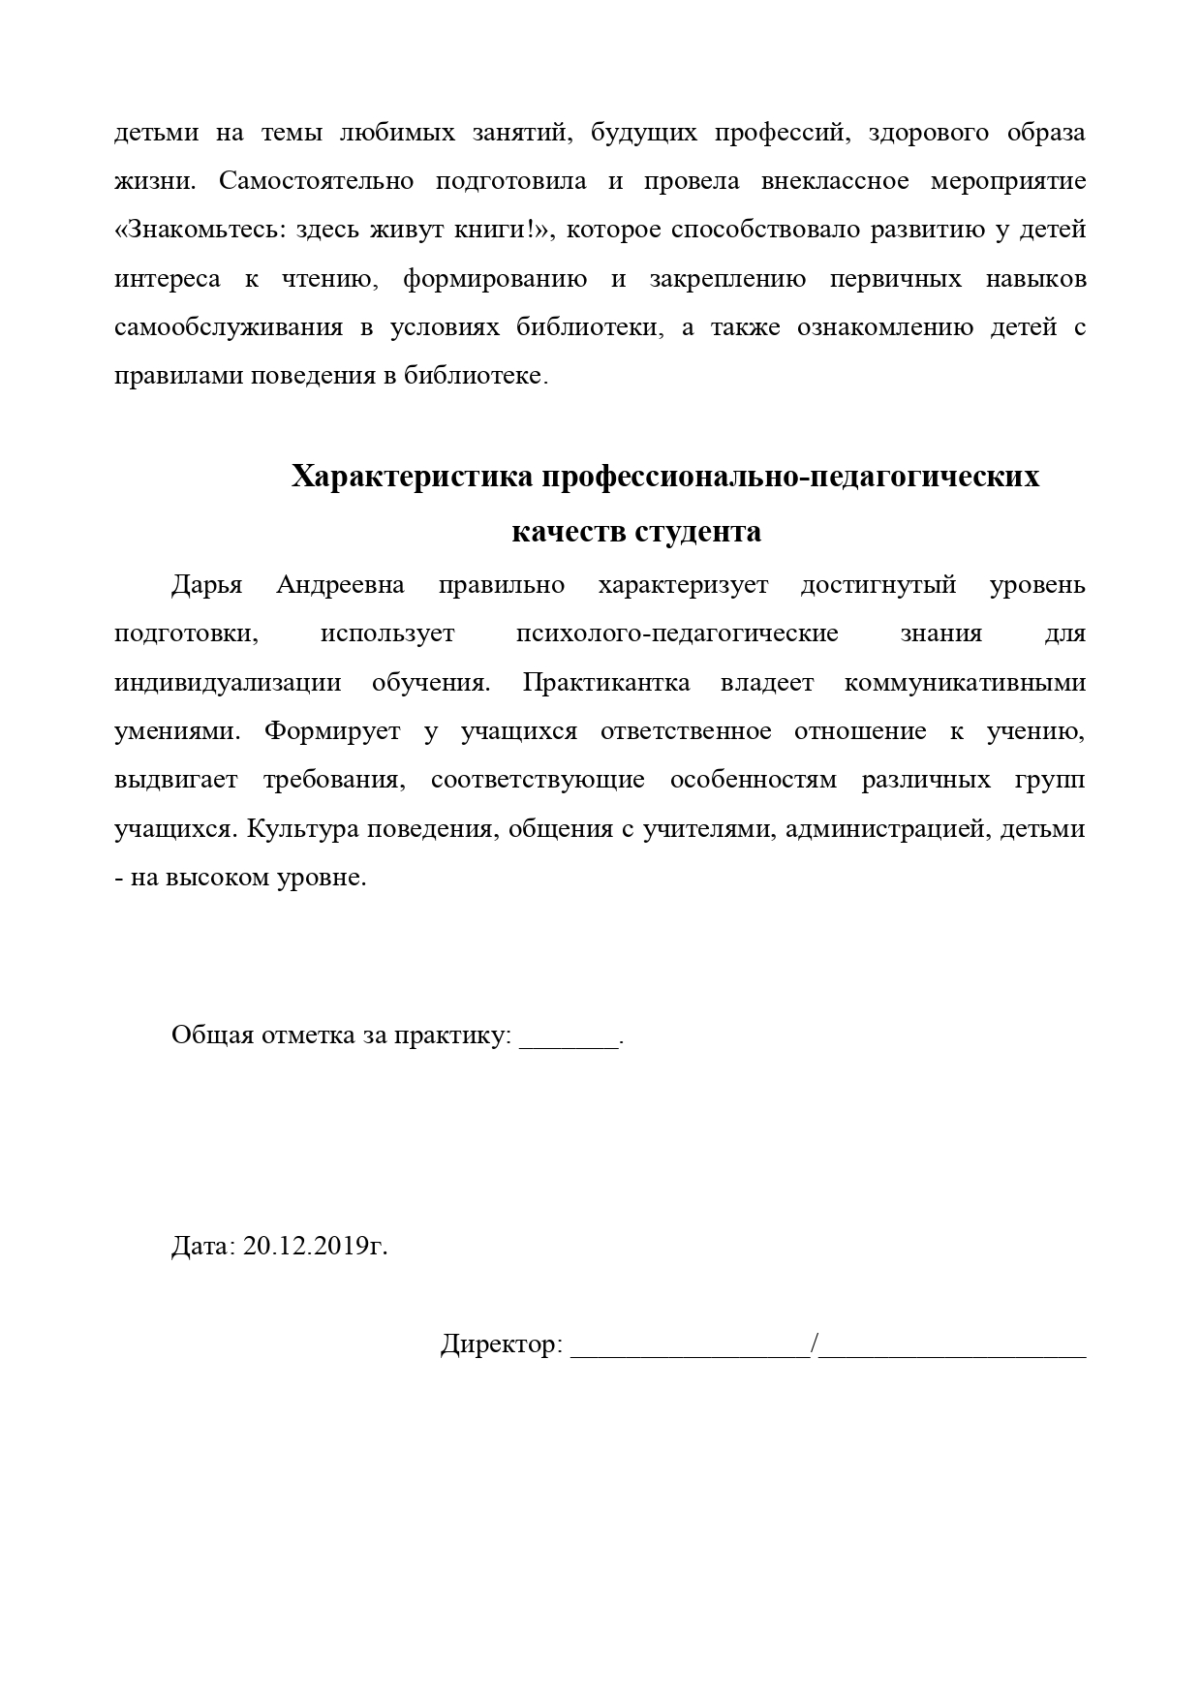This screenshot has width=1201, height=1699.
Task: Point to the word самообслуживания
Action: (229, 327)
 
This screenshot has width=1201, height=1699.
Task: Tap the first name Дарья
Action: (206, 585)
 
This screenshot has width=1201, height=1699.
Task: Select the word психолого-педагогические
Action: (677, 633)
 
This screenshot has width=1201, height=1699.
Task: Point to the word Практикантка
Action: (606, 683)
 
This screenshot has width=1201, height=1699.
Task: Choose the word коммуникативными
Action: (965, 683)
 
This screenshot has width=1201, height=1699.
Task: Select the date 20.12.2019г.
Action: (316, 1246)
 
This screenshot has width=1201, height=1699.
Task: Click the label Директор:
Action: (501, 1344)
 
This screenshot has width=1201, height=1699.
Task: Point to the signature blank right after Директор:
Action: (691, 1348)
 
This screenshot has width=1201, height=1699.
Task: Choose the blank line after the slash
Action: (953, 1348)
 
